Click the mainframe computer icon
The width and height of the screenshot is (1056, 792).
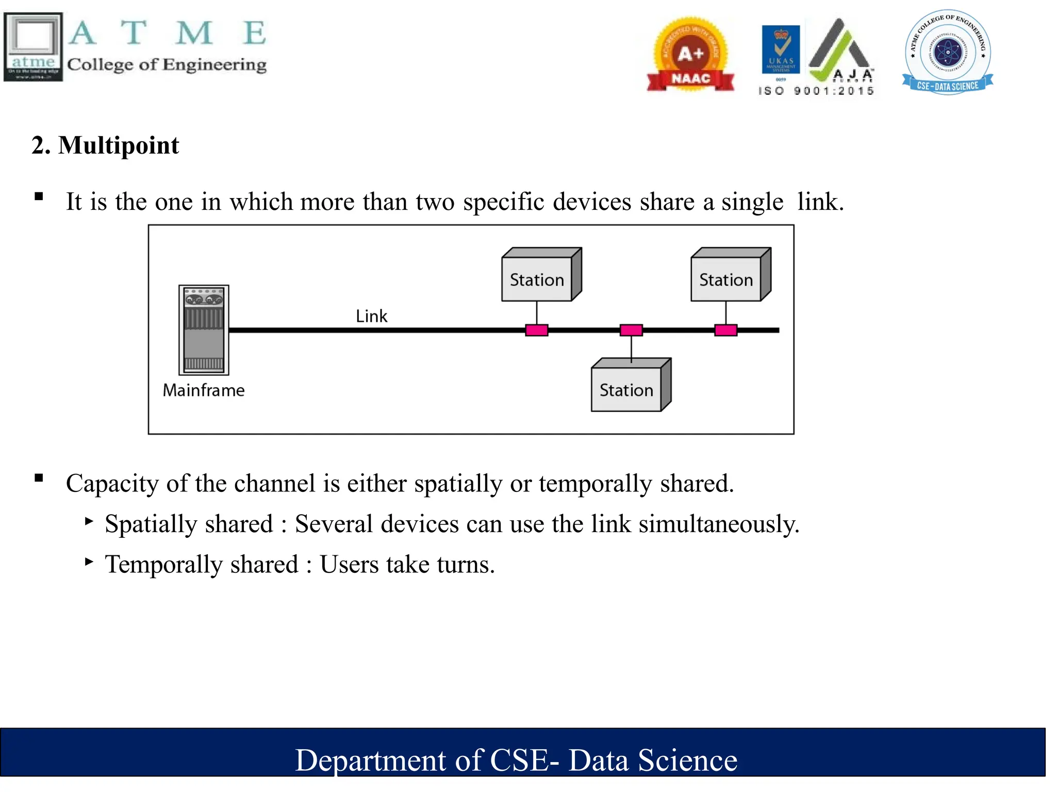(204, 330)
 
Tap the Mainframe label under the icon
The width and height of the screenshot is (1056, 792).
(204, 390)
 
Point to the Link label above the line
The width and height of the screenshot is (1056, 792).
(371, 316)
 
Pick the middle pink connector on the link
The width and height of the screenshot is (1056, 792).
(631, 330)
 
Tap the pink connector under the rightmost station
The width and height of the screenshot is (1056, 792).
(725, 330)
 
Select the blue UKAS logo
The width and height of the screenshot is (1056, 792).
(781, 49)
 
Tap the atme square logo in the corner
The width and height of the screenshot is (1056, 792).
(34, 47)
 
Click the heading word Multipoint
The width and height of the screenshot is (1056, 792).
(119, 145)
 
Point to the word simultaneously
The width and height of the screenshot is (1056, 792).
(719, 524)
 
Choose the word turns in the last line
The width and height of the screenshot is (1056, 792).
(466, 565)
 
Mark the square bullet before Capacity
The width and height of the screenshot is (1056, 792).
(39, 478)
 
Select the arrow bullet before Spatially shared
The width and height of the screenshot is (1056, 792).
(89, 521)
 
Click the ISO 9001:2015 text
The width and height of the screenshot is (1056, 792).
(816, 91)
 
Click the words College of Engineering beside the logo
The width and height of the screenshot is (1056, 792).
(167, 64)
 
